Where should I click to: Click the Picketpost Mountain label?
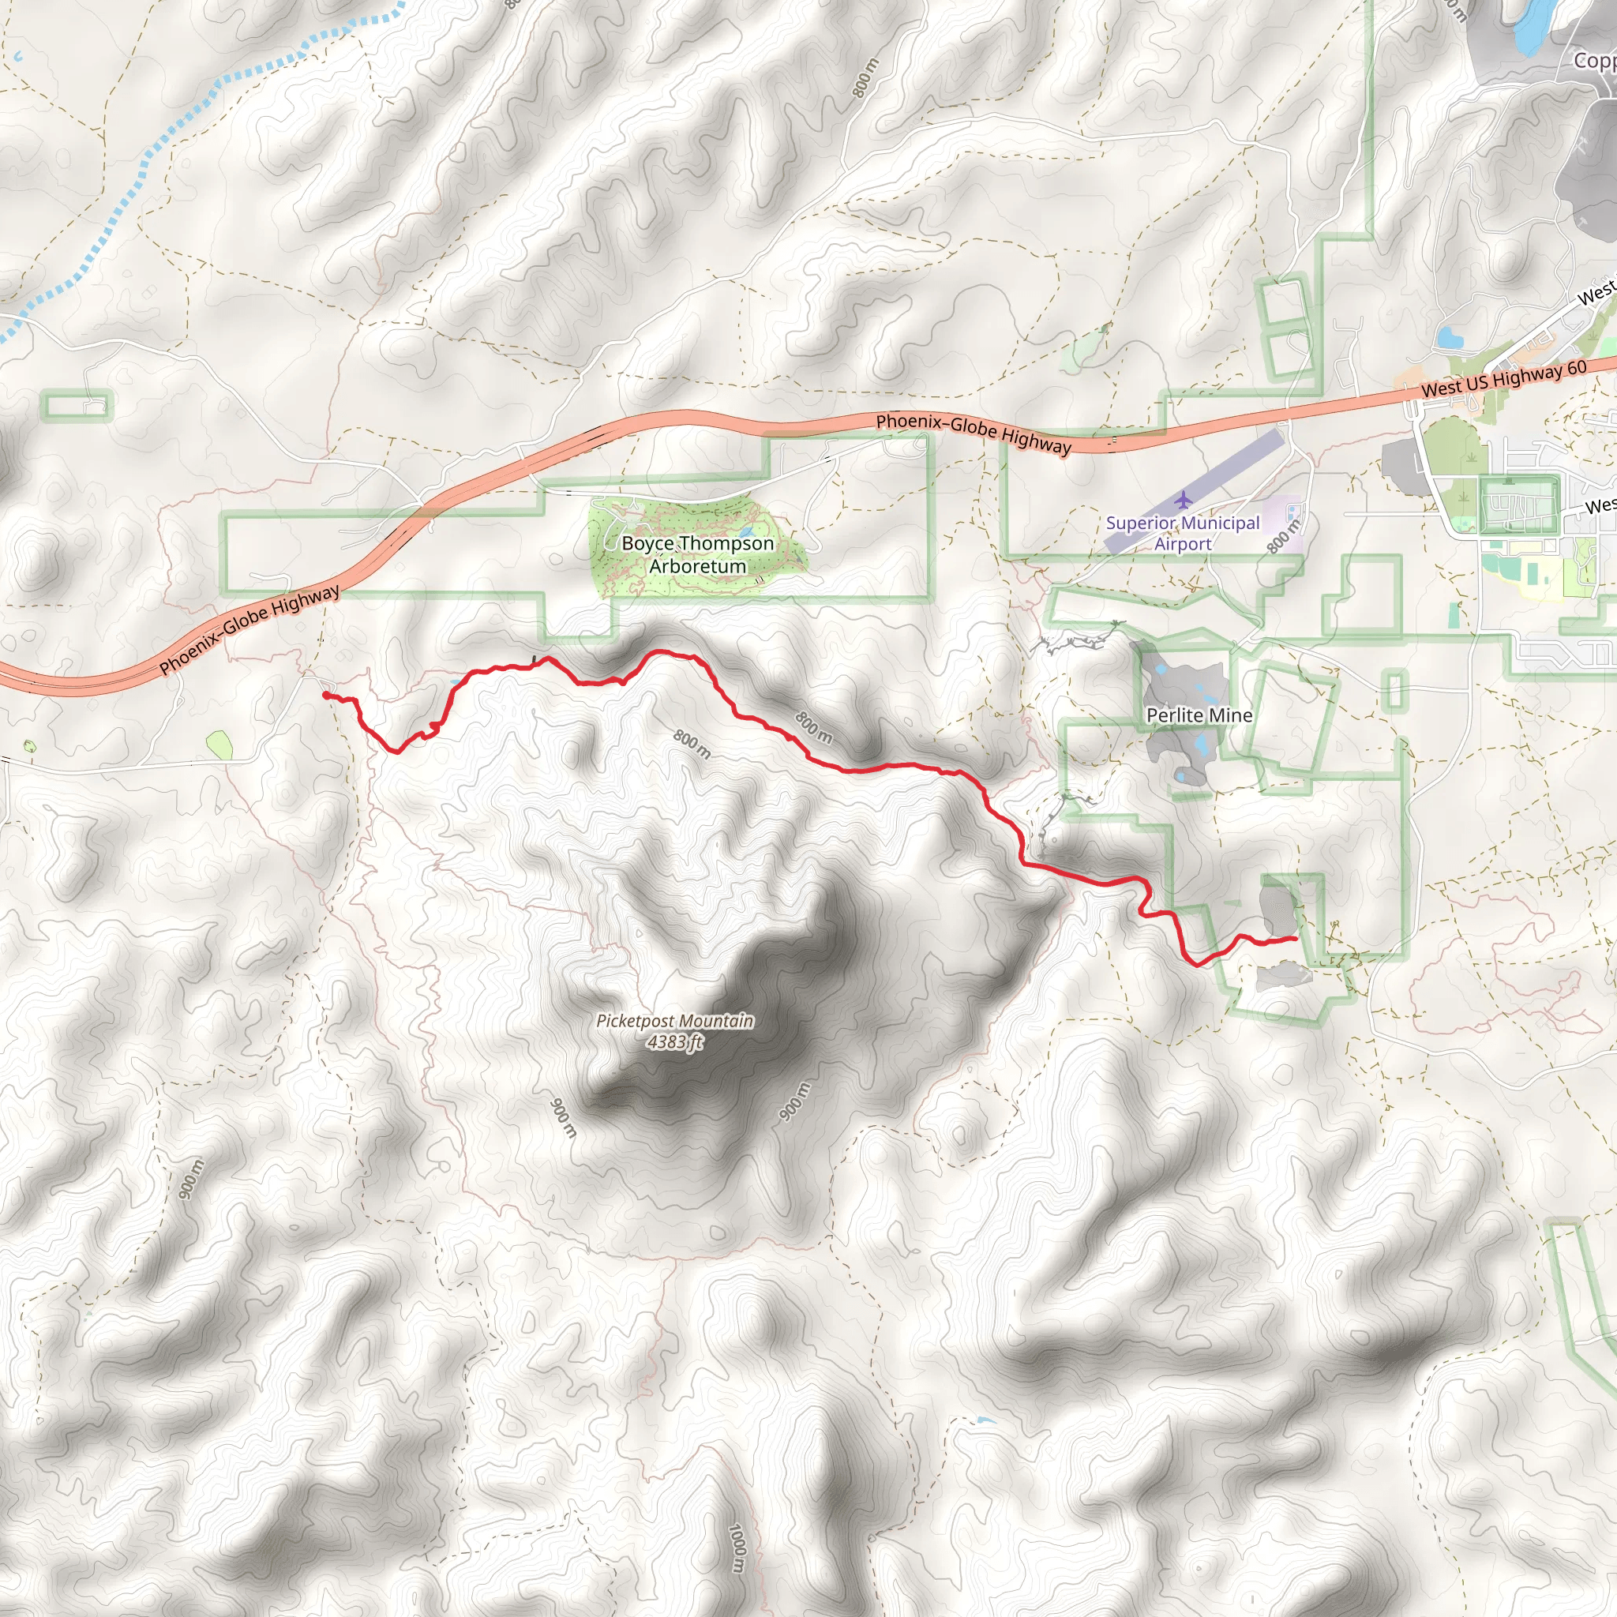click(674, 1021)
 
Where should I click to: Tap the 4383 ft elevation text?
click(674, 1042)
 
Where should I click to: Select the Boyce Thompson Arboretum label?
click(697, 554)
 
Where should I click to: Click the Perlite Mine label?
click(1199, 715)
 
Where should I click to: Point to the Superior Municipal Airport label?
click(1182, 533)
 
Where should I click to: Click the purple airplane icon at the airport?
click(1182, 501)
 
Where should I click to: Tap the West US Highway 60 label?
click(1503, 379)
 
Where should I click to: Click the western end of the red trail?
click(325, 695)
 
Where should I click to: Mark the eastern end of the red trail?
click(1296, 938)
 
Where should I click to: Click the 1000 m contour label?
click(737, 1548)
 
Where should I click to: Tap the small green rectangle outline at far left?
click(76, 406)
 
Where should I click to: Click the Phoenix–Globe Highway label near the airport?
click(973, 433)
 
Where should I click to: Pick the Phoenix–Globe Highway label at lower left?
click(249, 629)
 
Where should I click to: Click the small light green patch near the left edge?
click(219, 744)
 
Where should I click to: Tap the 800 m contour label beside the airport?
click(1282, 536)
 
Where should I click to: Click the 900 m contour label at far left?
click(191, 1179)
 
